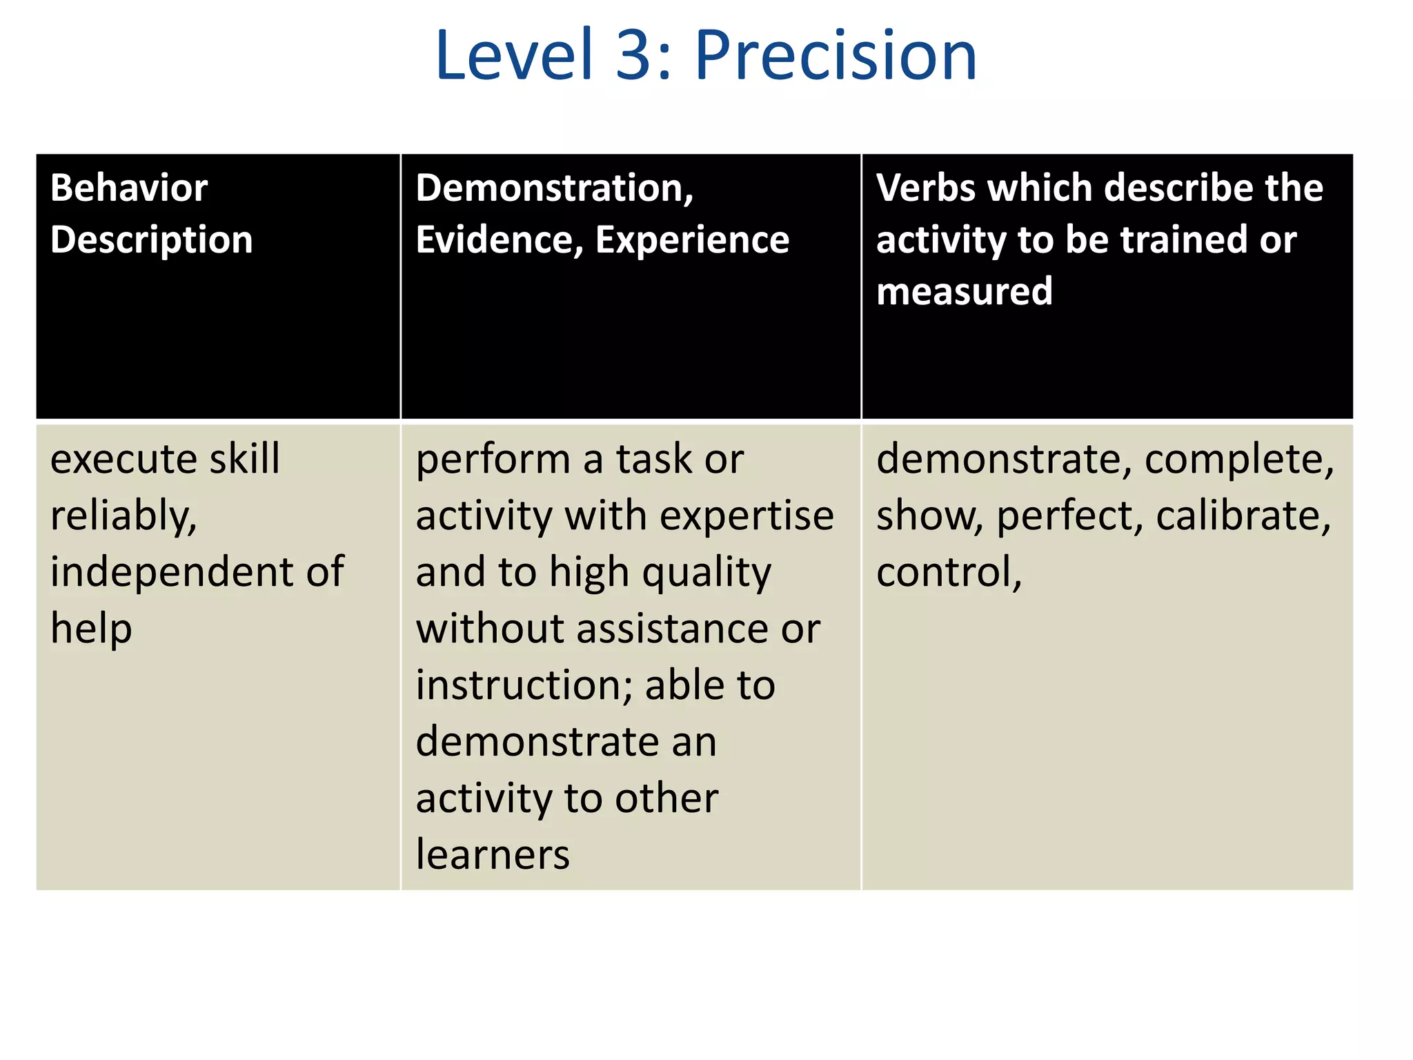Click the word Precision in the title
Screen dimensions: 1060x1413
(x=836, y=55)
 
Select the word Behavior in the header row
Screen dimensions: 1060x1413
(x=129, y=188)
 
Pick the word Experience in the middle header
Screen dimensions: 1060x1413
(x=692, y=240)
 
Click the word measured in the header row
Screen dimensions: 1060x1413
(x=964, y=291)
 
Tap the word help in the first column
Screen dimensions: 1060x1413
(x=91, y=629)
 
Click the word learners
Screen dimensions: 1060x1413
(x=493, y=855)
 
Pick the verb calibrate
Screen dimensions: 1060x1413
(x=1243, y=516)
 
